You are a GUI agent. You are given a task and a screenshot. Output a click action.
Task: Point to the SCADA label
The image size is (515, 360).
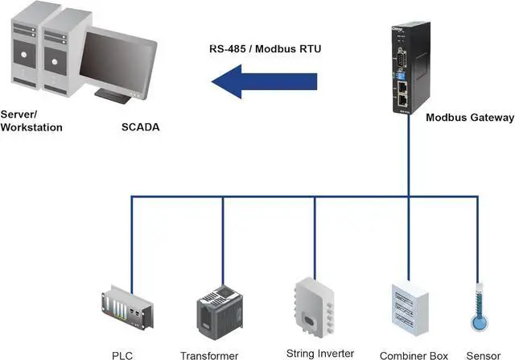pyautogui.click(x=140, y=127)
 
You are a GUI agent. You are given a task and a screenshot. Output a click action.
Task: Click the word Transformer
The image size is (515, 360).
pyautogui.click(x=209, y=355)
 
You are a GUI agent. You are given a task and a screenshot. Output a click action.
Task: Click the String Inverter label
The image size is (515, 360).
pyautogui.click(x=320, y=353)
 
